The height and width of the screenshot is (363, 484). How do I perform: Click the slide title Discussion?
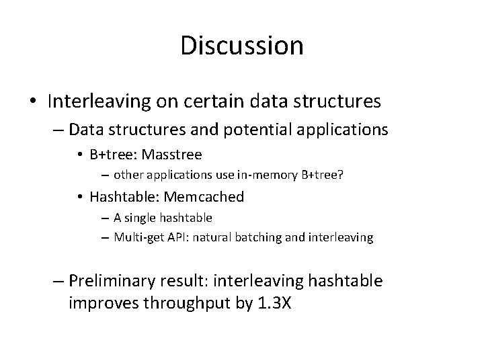coord(242,46)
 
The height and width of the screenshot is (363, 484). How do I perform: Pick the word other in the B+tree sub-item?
coord(127,175)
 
